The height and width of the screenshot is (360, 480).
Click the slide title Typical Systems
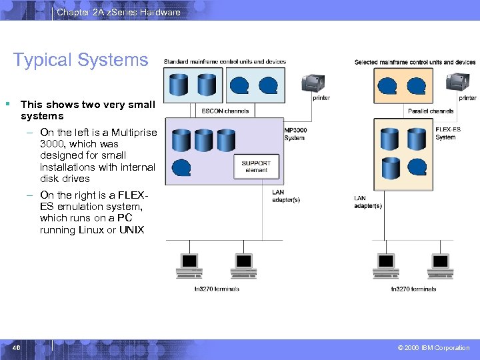point(81,60)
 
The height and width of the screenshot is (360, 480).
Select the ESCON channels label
point(225,111)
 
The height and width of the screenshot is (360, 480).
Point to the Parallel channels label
point(431,111)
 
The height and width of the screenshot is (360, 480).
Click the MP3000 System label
point(294,134)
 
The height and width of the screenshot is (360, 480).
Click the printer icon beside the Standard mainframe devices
point(313,83)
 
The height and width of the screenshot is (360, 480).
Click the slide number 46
point(15,348)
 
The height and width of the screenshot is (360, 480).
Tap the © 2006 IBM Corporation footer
point(433,348)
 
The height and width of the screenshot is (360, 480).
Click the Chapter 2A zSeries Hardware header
point(118,12)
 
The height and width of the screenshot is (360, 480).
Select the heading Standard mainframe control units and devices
point(225,62)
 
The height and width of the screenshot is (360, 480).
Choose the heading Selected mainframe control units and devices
point(415,62)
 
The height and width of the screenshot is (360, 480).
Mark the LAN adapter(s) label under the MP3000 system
point(286,196)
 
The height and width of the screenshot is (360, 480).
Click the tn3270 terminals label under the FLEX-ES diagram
point(413,289)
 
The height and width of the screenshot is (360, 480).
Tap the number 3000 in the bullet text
point(51,144)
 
